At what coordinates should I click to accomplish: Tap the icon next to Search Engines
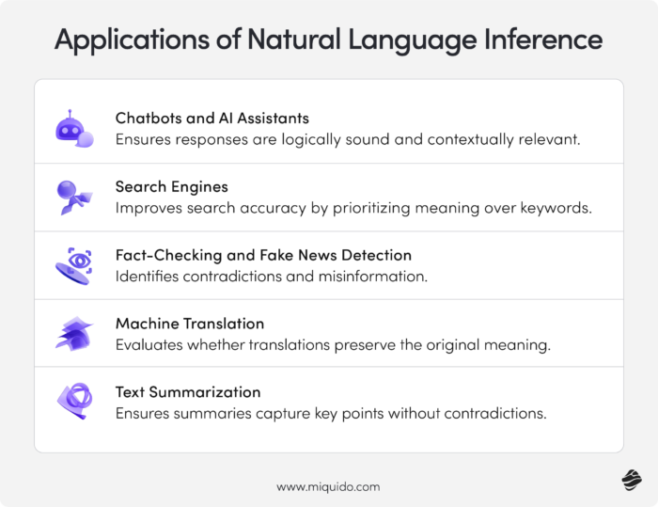tap(73, 197)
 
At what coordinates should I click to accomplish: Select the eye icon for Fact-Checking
tap(73, 265)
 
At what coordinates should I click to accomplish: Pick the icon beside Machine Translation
tap(73, 333)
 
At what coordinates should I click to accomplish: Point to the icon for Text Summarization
tap(73, 401)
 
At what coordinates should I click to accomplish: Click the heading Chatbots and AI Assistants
tap(212, 119)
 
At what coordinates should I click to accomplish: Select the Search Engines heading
tap(172, 186)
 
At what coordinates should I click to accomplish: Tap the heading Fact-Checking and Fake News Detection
tap(263, 255)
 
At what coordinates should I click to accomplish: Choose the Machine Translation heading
tap(190, 324)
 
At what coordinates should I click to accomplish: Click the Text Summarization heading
tap(188, 391)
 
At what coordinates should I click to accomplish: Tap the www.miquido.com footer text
tap(328, 486)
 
